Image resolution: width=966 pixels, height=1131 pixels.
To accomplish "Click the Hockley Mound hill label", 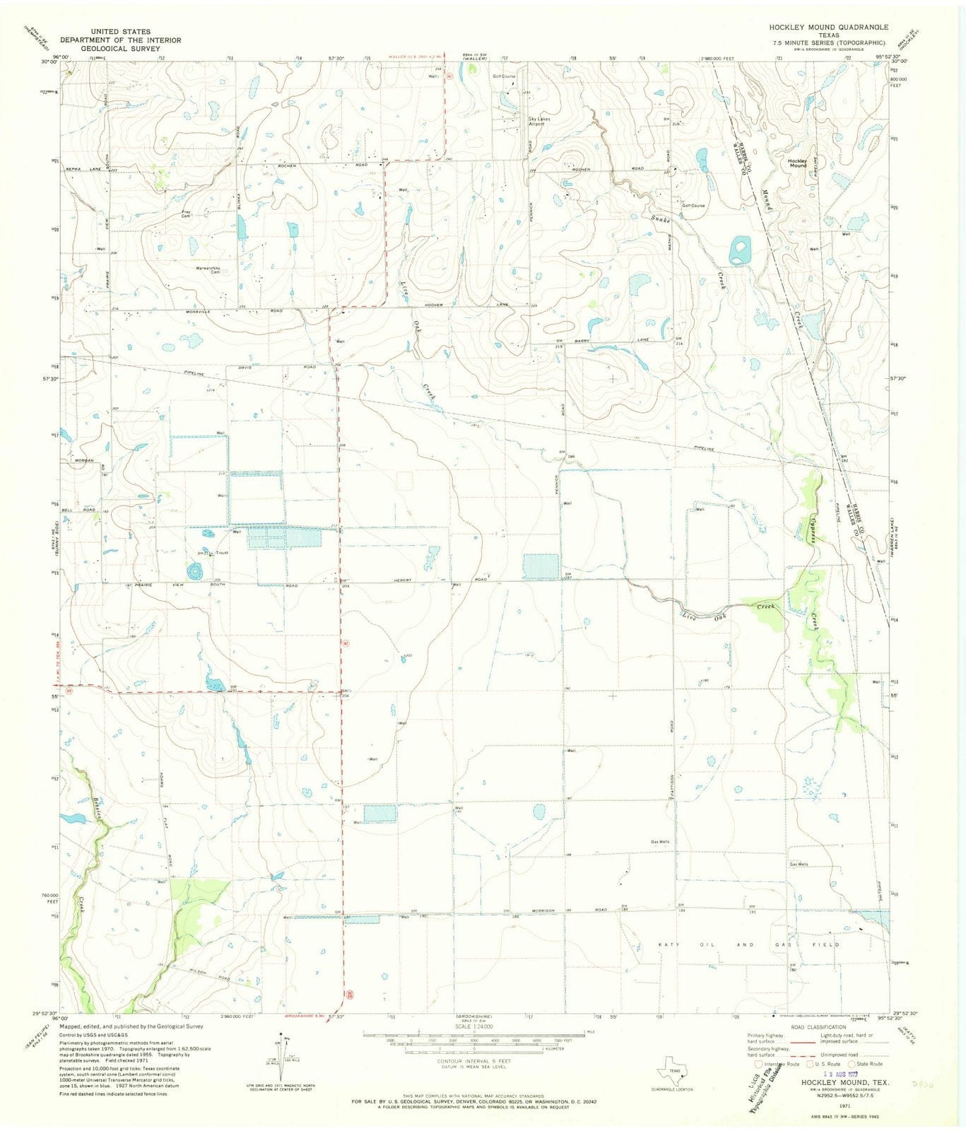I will click(x=797, y=163).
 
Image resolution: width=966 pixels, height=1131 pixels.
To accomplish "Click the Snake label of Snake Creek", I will click(x=660, y=220).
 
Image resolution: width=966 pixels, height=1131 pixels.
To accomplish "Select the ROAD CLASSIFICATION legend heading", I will click(x=818, y=1027).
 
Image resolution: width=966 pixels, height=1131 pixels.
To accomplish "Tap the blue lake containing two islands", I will click(x=739, y=250).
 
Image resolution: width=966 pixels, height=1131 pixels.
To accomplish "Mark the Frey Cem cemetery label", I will click(x=187, y=213).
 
